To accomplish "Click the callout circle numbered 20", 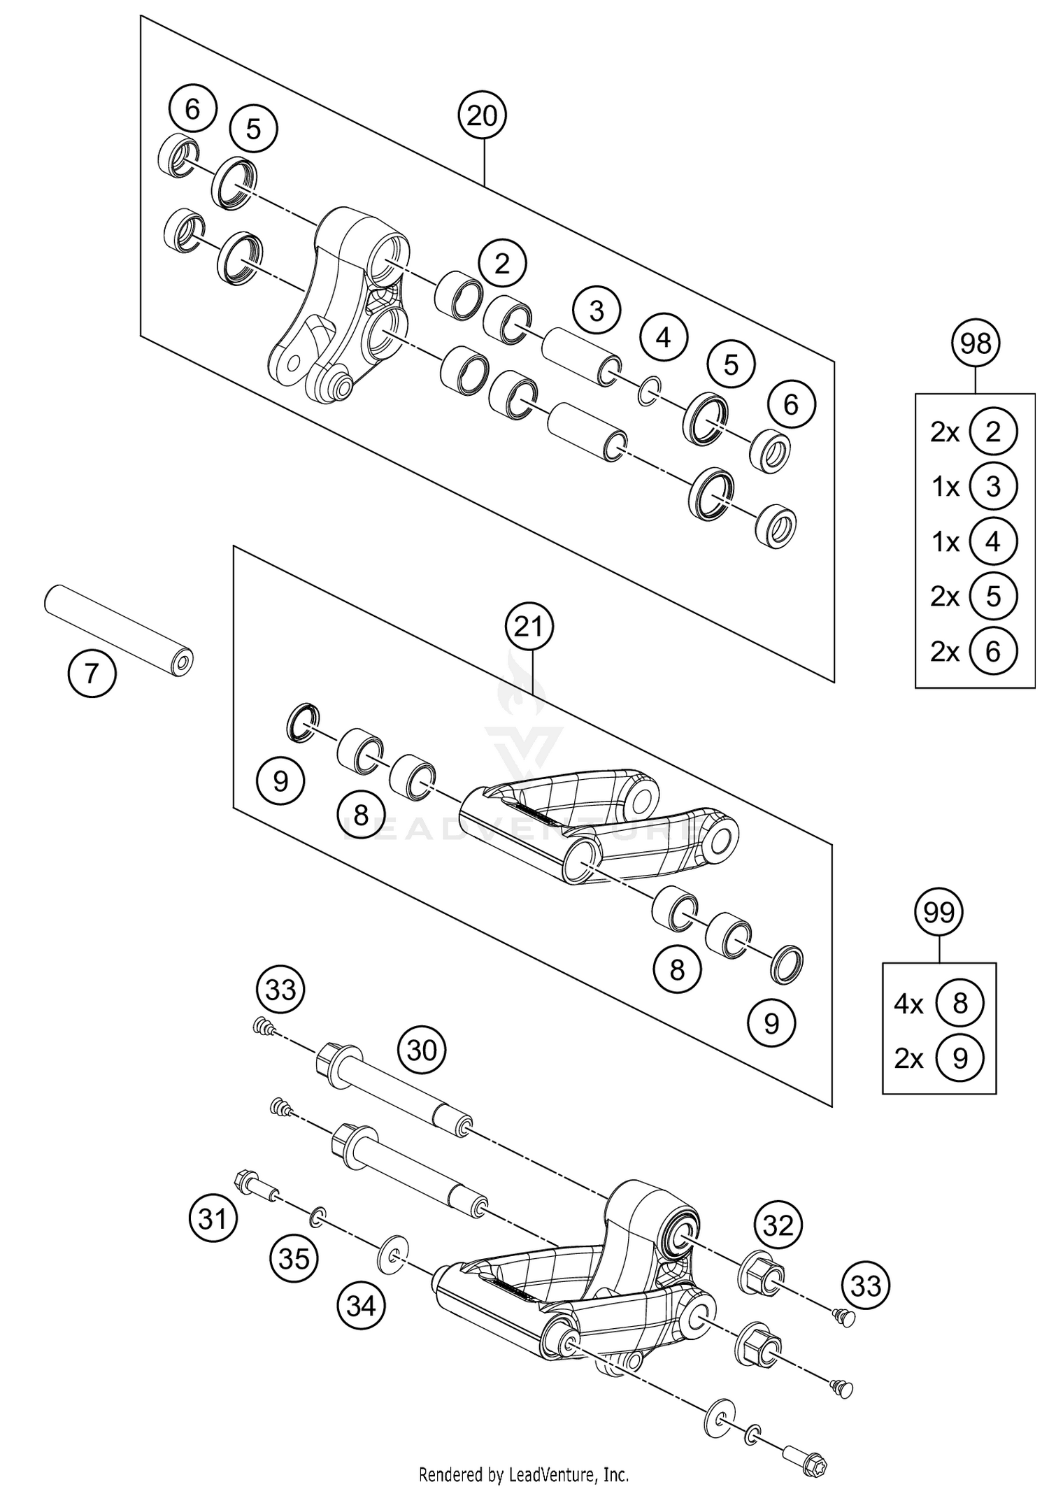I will [482, 115].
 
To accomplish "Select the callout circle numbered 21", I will [529, 627].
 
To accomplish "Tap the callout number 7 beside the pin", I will [92, 674].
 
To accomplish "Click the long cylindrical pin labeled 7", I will [117, 629].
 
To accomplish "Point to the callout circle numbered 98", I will [976, 343].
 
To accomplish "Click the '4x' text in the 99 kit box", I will [908, 1005].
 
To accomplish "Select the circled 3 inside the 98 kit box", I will [993, 486].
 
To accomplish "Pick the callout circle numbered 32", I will [778, 1225].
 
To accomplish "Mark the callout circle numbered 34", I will [362, 1305].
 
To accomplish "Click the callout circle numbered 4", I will [664, 338].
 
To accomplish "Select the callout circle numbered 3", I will [597, 311].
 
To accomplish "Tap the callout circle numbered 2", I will [502, 264].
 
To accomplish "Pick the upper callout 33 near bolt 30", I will [281, 990].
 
